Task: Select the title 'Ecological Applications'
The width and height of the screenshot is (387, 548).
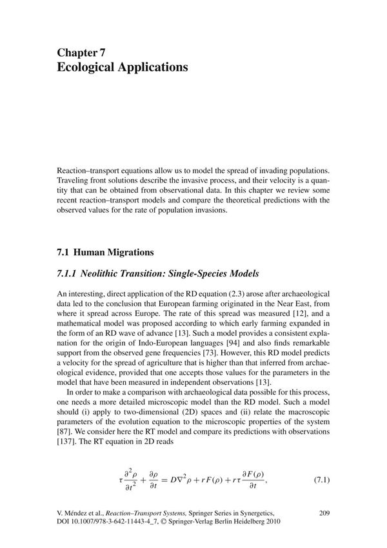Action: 123,67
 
